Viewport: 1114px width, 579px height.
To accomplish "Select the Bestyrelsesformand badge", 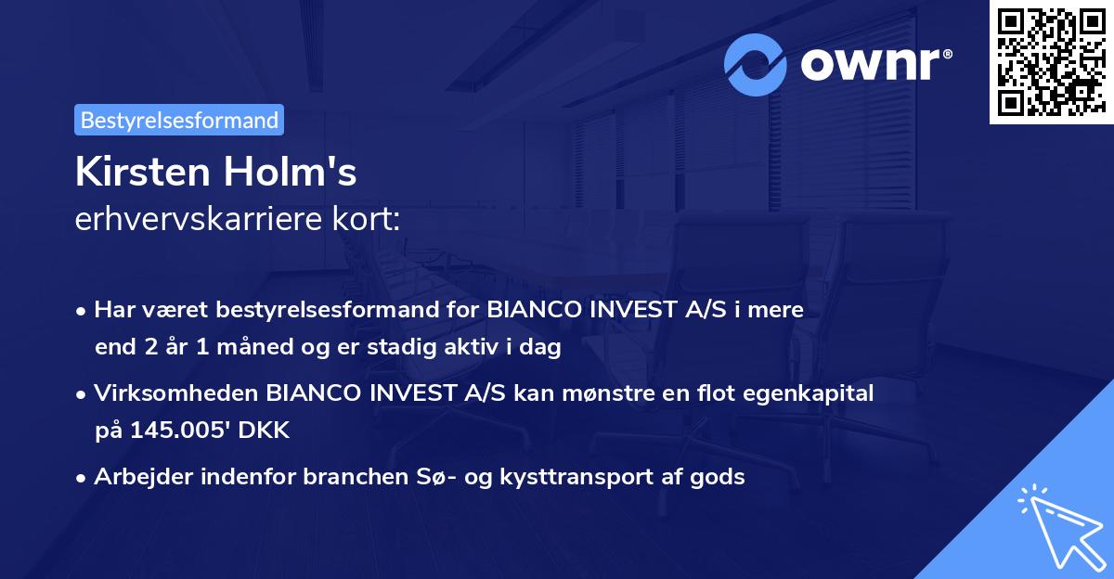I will point(179,120).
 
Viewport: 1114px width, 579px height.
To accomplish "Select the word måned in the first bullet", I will point(257,348).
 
